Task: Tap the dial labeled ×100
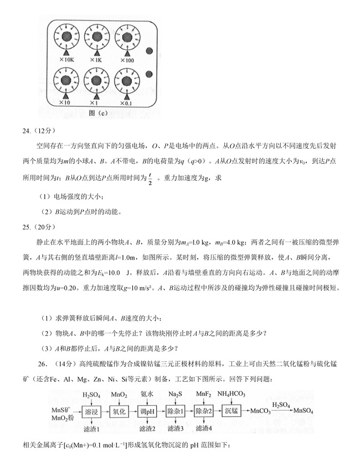click(x=126, y=37)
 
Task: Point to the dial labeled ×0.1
click(x=126, y=81)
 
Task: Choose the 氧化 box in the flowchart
click(x=119, y=412)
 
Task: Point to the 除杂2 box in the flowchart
click(x=204, y=412)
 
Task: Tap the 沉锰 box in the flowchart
click(x=232, y=412)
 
